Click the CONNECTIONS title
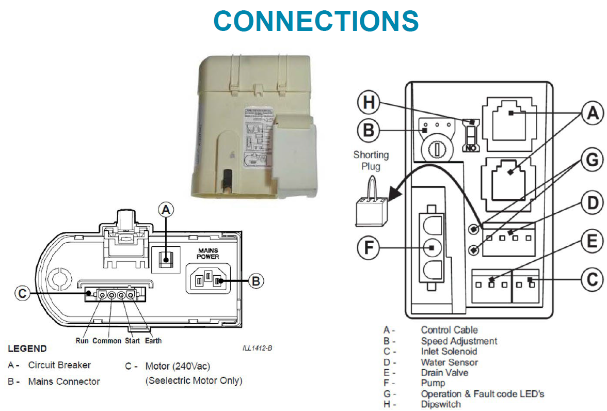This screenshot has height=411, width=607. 315,21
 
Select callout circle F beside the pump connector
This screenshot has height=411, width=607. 368,249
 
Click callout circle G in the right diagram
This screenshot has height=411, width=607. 591,161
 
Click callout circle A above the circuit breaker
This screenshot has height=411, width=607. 166,210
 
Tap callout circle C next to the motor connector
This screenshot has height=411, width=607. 22,293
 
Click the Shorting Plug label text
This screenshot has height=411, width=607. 371,160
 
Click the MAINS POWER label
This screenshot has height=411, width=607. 207,253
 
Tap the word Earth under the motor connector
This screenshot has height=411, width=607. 153,341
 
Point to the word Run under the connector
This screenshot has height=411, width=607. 83,341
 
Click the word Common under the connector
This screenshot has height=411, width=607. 107,341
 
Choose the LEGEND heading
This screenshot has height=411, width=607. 27,349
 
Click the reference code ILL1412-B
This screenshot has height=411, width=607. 257,348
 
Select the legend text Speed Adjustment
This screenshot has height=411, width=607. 459,341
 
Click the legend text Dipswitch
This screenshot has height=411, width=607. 441,404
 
